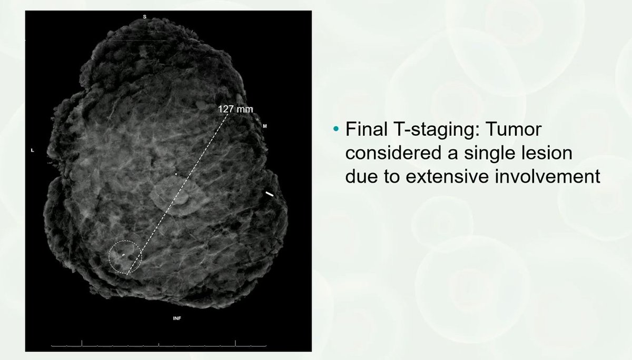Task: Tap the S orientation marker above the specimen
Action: pos(145,17)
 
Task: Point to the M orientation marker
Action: pos(265,126)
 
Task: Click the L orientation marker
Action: pos(33,151)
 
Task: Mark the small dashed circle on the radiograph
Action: pos(125,256)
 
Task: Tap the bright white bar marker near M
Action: pos(270,194)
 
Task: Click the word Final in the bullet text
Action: pos(363,129)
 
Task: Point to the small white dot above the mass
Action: pos(176,174)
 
